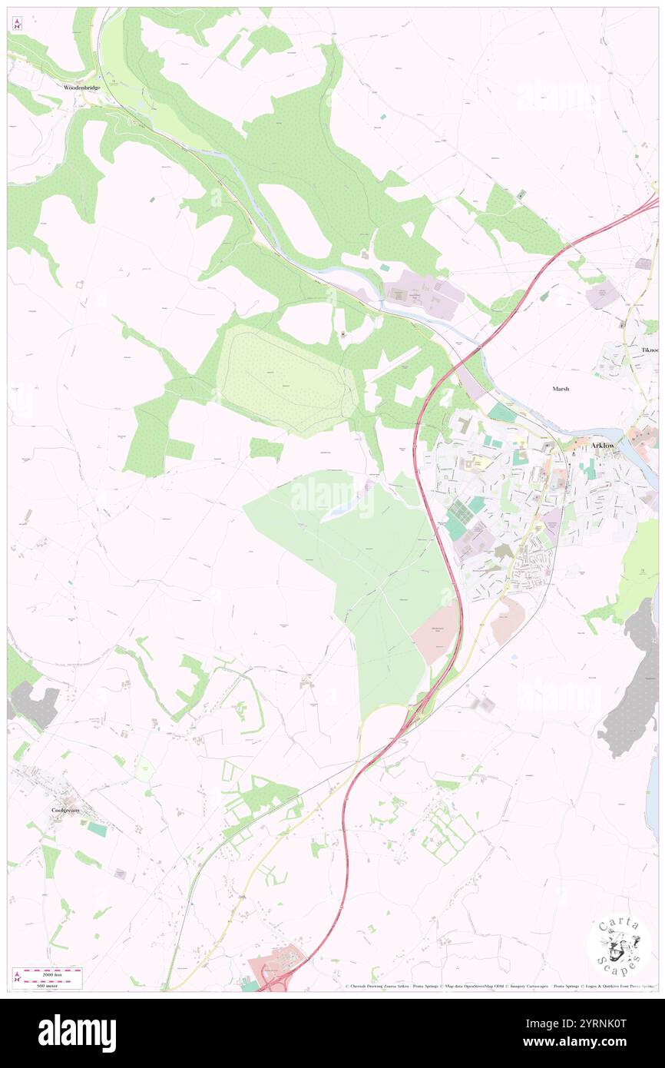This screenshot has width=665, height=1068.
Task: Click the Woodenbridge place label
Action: [81, 88]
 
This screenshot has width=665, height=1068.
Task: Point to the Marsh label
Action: [561, 389]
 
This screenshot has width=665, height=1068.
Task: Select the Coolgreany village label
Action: [65, 810]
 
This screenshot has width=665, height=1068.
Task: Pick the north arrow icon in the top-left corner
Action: [17, 23]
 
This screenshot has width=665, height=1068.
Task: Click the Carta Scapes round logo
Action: [619, 945]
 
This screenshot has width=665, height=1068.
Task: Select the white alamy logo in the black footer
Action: [77, 1033]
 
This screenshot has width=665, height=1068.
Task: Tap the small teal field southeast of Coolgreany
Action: [97, 829]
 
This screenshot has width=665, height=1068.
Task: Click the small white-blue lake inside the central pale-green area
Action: [339, 508]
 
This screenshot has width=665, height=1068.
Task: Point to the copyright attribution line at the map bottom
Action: [499, 986]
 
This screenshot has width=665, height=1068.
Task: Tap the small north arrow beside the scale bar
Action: [17, 977]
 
